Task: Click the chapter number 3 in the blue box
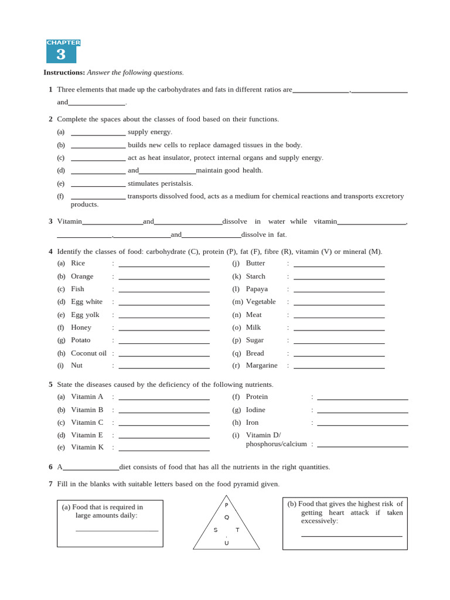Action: coord(61,54)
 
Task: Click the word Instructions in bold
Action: coord(64,73)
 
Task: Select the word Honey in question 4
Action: coord(81,328)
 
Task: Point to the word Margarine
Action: coord(261,365)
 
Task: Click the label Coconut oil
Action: coord(88,353)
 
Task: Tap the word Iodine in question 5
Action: coord(255,410)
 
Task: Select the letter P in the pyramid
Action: coord(227,505)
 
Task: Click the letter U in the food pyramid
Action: coord(227,543)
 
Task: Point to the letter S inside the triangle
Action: coord(216,530)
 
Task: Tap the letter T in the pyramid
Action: coord(237,530)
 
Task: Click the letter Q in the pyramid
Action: coord(227,517)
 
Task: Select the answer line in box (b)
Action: coord(352,535)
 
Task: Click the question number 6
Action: coord(50,467)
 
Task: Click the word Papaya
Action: coord(257,289)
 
